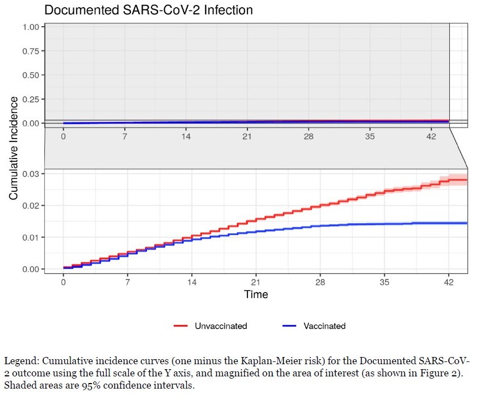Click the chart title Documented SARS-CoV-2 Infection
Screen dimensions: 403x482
click(148, 10)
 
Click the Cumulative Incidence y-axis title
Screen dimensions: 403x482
click(14, 148)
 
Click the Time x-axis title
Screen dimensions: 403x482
click(256, 294)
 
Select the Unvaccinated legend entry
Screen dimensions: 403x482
click(220, 326)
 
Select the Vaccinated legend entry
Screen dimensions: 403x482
click(324, 326)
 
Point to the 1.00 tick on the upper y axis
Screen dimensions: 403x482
click(31, 27)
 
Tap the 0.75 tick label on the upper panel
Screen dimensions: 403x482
click(31, 51)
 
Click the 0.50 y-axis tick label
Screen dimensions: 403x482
click(31, 75)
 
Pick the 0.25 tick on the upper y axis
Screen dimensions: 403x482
click(31, 99)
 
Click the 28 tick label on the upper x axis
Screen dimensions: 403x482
click(308, 137)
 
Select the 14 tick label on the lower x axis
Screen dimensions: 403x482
click(192, 283)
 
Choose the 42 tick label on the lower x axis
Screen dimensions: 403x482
click(449, 283)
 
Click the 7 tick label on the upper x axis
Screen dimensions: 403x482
click(125, 137)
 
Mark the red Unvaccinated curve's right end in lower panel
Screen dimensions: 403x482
click(466, 180)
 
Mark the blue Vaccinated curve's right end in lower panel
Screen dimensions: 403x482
click(466, 223)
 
